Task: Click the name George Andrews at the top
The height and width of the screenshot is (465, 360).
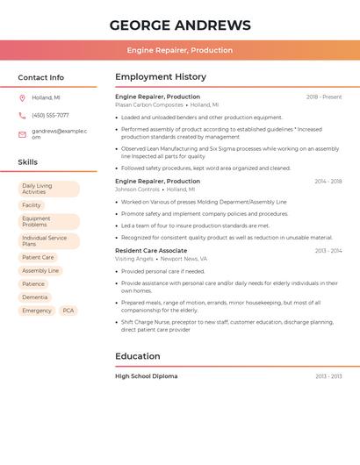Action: click(x=180, y=25)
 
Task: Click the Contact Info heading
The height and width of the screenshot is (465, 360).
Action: click(x=40, y=77)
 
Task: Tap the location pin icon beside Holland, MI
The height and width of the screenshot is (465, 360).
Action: click(x=22, y=98)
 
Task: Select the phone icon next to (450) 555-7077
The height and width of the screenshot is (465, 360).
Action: click(x=22, y=115)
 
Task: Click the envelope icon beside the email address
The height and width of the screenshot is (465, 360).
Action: click(x=22, y=134)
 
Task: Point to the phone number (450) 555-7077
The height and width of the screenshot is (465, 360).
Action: click(x=50, y=115)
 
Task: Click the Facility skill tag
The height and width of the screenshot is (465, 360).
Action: click(x=32, y=205)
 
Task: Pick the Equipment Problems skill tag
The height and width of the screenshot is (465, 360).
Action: click(x=48, y=222)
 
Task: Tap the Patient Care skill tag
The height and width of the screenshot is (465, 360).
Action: click(x=38, y=258)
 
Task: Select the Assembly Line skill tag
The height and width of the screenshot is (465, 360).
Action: click(x=40, y=271)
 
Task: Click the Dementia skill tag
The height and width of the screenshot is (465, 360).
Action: click(x=35, y=297)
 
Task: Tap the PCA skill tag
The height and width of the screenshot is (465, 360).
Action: click(x=68, y=311)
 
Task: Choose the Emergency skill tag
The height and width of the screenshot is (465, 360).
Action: click(x=37, y=311)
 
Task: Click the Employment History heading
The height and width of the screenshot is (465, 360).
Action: click(x=161, y=77)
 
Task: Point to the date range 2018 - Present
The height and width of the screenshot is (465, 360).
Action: click(x=324, y=97)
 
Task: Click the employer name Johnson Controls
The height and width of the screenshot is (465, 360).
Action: click(x=137, y=190)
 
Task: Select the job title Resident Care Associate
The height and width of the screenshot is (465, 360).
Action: click(x=151, y=251)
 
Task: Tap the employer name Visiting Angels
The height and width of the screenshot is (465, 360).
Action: click(x=134, y=259)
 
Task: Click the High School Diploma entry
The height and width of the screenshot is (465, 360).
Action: click(x=146, y=376)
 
